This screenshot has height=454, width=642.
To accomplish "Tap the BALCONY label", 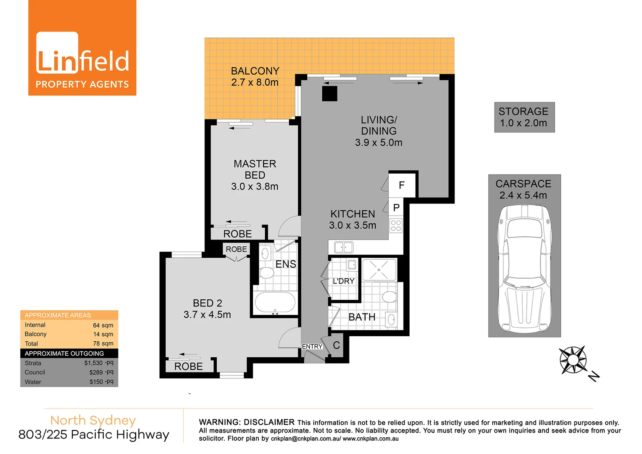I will [x=255, y=71].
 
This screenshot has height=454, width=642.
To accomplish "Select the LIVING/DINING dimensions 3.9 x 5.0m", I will [x=379, y=143].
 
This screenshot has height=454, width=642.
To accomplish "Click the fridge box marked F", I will [x=402, y=185].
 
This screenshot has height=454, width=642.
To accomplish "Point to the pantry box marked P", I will [x=396, y=208].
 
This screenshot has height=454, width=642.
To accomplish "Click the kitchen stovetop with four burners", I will [x=396, y=225].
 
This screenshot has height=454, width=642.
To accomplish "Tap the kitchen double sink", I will [x=344, y=247].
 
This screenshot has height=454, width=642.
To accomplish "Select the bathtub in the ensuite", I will [x=275, y=302].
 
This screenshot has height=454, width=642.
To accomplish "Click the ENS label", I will [x=286, y=264].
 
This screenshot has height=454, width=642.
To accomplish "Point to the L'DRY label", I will [x=344, y=281].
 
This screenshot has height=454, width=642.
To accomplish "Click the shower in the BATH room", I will [x=379, y=270].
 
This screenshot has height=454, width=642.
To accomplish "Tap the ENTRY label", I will [x=312, y=346].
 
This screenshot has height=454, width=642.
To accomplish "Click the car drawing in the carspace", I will [x=524, y=269].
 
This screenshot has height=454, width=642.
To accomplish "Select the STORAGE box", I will [x=524, y=117].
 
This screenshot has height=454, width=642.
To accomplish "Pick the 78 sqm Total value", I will [x=103, y=343].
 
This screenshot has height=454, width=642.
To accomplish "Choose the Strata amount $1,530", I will [x=93, y=363].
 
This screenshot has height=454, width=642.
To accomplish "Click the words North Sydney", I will [x=93, y=420].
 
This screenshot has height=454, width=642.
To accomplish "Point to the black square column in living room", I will [x=330, y=94].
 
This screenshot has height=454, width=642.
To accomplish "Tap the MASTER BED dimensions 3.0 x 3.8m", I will [x=255, y=187].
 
